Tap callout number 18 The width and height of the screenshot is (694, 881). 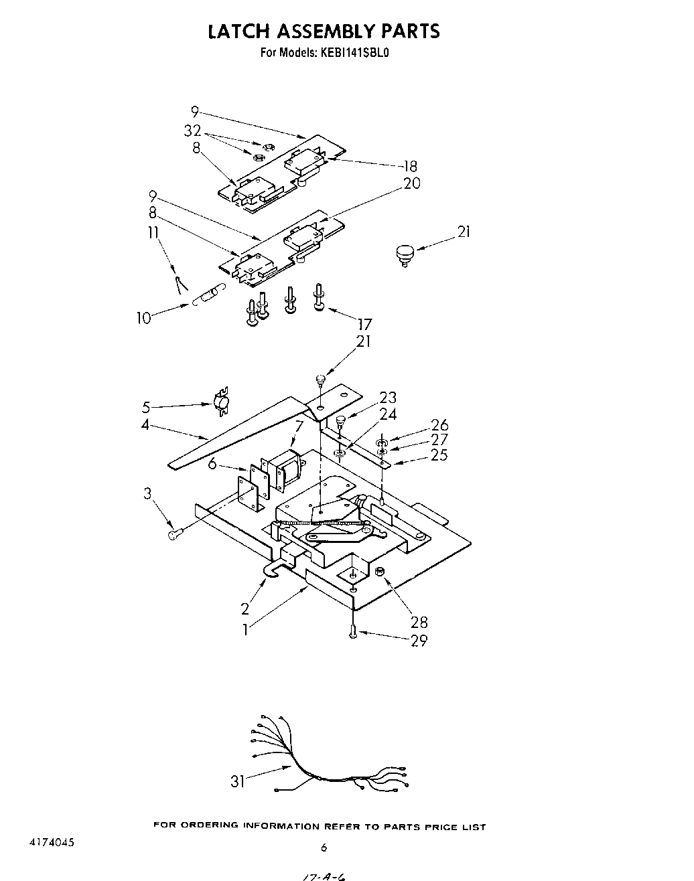(x=409, y=166)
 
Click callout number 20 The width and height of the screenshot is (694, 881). (x=412, y=183)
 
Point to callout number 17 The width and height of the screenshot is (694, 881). (x=365, y=325)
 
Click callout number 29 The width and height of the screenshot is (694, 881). (x=419, y=641)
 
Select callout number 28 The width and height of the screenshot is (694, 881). (x=419, y=622)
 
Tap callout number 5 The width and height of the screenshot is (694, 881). (x=146, y=407)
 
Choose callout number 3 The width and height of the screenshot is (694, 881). (x=147, y=493)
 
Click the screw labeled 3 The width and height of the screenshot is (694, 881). (x=175, y=534)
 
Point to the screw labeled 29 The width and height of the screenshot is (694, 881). (x=353, y=629)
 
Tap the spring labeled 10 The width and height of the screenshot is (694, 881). (x=206, y=297)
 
